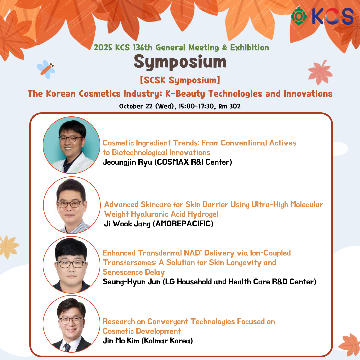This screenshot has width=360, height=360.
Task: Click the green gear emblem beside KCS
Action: coord(298,16)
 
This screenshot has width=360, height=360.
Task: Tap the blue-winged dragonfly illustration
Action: coord(46,69)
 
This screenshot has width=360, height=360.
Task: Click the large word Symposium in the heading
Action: coord(180,62)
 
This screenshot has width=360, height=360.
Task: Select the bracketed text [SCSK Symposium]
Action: coord(180,80)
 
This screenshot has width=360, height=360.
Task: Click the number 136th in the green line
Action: coord(142,48)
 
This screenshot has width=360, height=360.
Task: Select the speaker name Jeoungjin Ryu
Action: coord(127,162)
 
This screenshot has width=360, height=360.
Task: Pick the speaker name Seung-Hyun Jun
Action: coord(131,282)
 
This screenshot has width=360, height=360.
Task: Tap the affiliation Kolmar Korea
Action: coord(167,341)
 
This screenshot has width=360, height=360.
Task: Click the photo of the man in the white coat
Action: coord(71,145)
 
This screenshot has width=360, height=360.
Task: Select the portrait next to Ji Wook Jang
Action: coord(72,205)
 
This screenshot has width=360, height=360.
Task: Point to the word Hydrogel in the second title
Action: coord(203,214)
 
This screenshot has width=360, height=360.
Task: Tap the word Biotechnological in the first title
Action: coord(139,152)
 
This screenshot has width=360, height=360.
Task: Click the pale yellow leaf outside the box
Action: coord(9,247)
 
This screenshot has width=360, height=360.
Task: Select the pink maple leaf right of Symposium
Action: coord(320,72)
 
